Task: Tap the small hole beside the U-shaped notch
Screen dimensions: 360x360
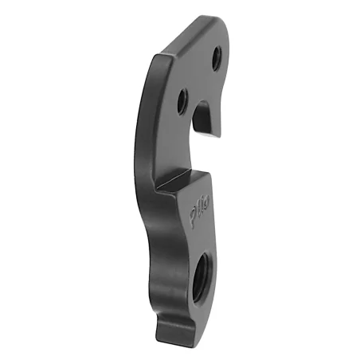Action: coord(182,100)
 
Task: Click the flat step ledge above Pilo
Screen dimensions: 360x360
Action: coord(178,183)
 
